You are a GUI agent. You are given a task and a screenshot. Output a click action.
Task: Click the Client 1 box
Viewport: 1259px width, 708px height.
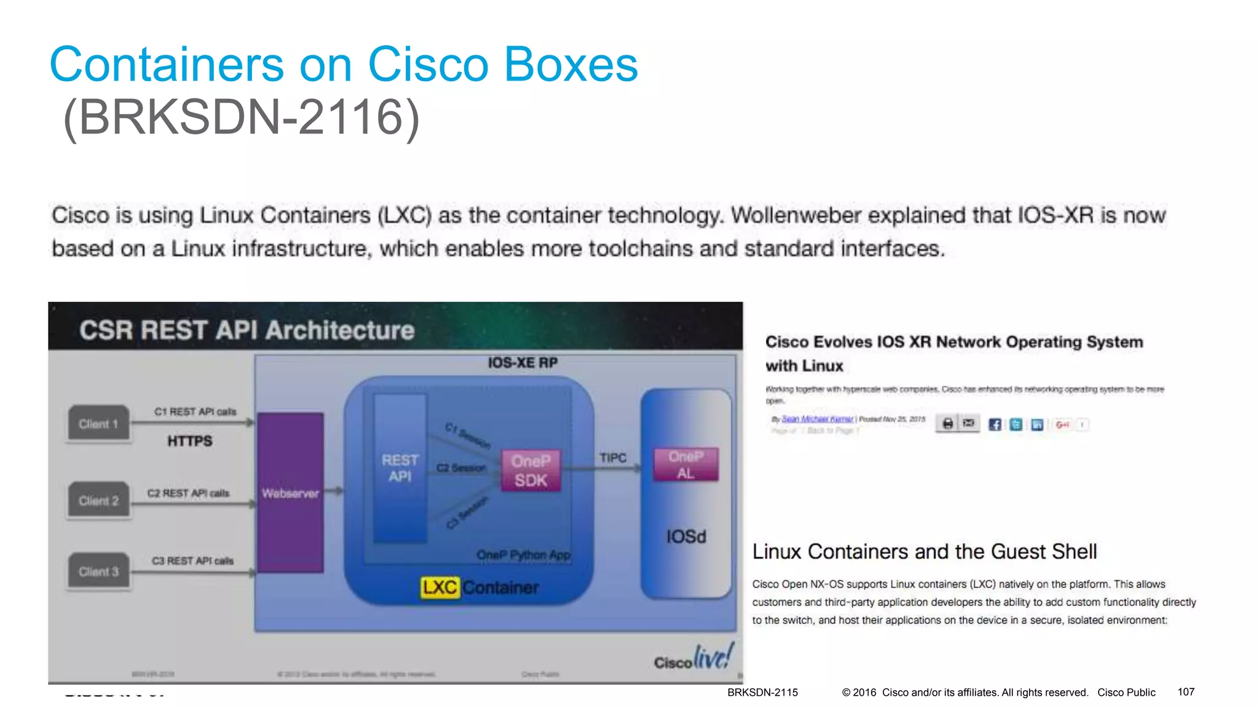point(98,423)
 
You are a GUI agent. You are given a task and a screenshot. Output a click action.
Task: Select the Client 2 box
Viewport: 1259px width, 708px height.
point(98,500)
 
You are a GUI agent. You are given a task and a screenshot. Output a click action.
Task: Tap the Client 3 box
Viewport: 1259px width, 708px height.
point(98,572)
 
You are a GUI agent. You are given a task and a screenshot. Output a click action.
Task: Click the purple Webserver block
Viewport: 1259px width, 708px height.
point(290,493)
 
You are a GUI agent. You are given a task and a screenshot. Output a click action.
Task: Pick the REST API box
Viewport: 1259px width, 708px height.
point(400,468)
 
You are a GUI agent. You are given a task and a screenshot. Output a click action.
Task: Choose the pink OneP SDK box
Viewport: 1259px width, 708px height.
point(531,471)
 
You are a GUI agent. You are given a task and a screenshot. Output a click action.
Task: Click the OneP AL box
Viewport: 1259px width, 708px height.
point(685,465)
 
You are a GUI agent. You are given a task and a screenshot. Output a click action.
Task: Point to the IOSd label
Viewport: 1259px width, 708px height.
point(686,537)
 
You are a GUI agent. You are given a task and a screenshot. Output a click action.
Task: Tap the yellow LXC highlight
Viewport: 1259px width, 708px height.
point(440,588)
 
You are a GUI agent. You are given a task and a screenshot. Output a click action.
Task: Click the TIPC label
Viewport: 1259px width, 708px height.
point(613,458)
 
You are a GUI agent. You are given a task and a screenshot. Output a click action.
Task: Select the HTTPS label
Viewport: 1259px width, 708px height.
point(190,441)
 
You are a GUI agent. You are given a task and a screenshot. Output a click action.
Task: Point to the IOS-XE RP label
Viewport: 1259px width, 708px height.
point(523,363)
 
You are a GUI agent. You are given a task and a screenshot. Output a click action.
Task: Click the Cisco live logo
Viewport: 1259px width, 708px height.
point(694,658)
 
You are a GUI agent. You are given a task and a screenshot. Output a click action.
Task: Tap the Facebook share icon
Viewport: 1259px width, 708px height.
point(995,424)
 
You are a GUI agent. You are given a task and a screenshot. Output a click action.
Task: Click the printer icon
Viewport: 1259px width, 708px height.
point(948,423)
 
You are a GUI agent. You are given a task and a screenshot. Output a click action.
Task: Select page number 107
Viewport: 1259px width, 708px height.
point(1186,692)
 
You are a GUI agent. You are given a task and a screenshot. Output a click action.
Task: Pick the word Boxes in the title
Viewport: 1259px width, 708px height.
point(572,65)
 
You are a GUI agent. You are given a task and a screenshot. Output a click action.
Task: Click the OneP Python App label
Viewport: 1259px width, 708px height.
point(524,555)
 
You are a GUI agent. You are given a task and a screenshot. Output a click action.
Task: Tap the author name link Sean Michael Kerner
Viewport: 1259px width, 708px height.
point(817,419)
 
